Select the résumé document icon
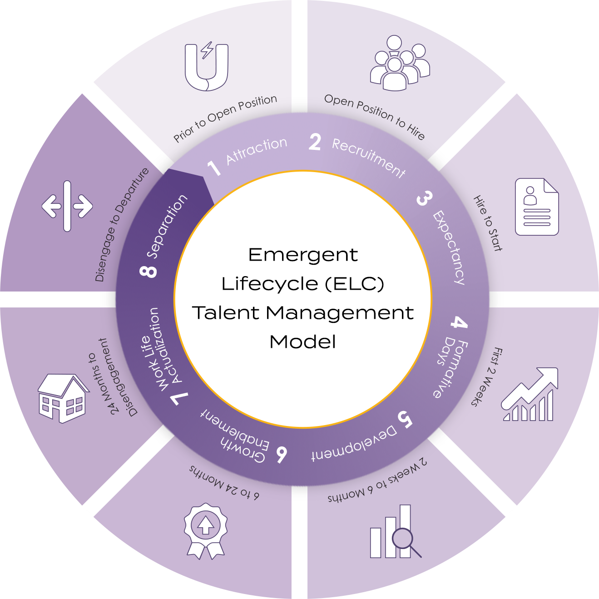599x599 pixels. [536, 207]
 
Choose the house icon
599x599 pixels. [63, 398]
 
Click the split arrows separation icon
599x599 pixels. [67, 206]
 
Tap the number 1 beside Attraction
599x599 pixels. [214, 168]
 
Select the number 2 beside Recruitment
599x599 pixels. [315, 142]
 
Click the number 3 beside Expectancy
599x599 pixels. [424, 198]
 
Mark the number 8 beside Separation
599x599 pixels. [149, 272]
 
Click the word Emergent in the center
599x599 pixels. [303, 255]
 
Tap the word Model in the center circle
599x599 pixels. [303, 342]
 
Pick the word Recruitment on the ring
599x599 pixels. [368, 157]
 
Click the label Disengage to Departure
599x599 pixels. [122, 224]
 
